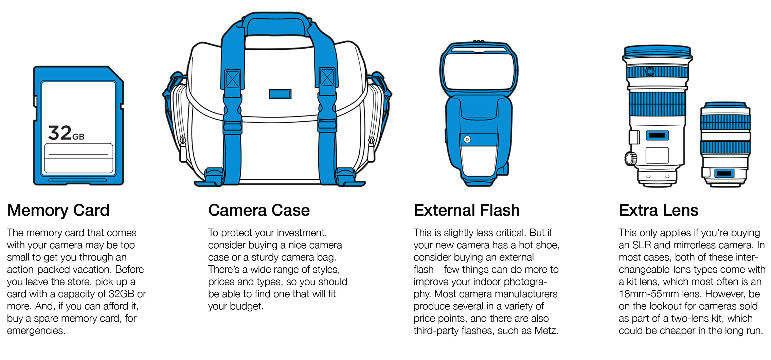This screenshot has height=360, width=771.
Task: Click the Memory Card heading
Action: click(x=58, y=210)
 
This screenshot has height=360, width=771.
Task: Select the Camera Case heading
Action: click(x=259, y=210)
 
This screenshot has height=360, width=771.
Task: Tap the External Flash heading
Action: click(x=467, y=210)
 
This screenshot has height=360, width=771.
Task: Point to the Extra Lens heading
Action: click(x=659, y=210)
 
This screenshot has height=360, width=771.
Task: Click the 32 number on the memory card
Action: click(x=60, y=132)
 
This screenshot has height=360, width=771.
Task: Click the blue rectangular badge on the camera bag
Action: click(x=280, y=94)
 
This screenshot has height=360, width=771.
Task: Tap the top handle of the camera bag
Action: click(x=277, y=24)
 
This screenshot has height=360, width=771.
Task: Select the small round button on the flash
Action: click(x=467, y=139)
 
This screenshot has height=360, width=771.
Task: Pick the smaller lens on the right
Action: click(x=725, y=144)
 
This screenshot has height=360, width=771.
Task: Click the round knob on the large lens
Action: click(x=630, y=158)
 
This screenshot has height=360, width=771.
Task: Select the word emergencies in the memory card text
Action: click(x=36, y=331)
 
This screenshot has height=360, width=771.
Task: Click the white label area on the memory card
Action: click(x=78, y=159)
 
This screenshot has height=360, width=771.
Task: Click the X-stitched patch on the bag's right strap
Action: click(x=327, y=78)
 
